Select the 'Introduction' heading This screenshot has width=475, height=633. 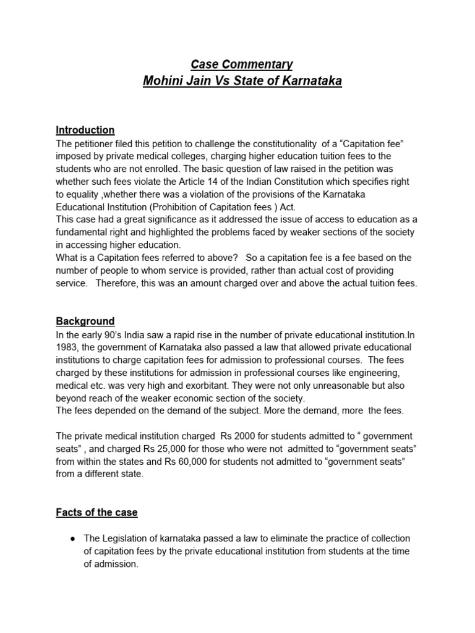(85, 130)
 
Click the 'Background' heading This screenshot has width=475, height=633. (85, 321)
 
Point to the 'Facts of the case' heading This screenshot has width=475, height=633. (97, 512)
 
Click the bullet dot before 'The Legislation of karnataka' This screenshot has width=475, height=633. (73, 539)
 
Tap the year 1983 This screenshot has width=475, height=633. (67, 347)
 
